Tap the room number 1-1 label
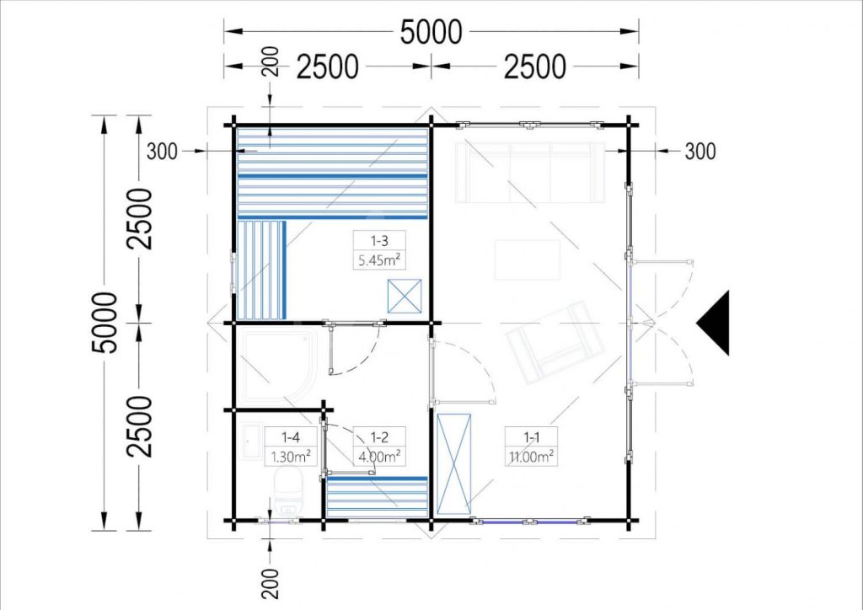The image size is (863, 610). tap(531, 437)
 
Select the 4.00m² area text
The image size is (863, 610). tap(379, 456)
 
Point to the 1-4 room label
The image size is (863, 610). tap(290, 437)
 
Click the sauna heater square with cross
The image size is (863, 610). tap(405, 296)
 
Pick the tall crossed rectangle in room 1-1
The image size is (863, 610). tap(454, 464)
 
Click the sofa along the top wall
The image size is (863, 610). tap(530, 172)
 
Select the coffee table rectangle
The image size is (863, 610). tap(528, 260)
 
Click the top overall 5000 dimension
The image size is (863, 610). tap(431, 32)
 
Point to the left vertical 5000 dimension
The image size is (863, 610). tap(105, 323)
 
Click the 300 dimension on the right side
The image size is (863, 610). tap(700, 152)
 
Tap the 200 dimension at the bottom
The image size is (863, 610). tap(271, 583)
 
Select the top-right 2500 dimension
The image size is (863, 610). tap(534, 67)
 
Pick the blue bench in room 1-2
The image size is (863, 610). tap(377, 497)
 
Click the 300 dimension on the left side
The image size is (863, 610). tap(163, 152)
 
